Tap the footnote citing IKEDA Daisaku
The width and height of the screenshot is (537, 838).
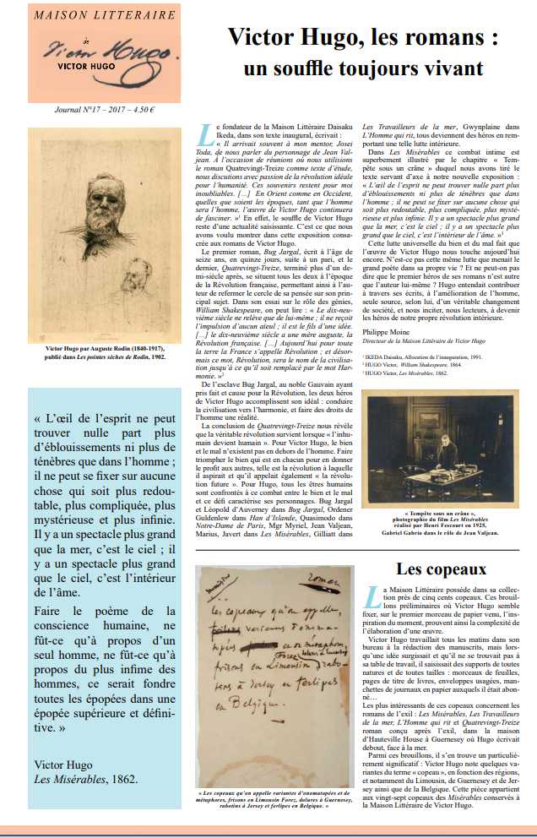tap(415, 358)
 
